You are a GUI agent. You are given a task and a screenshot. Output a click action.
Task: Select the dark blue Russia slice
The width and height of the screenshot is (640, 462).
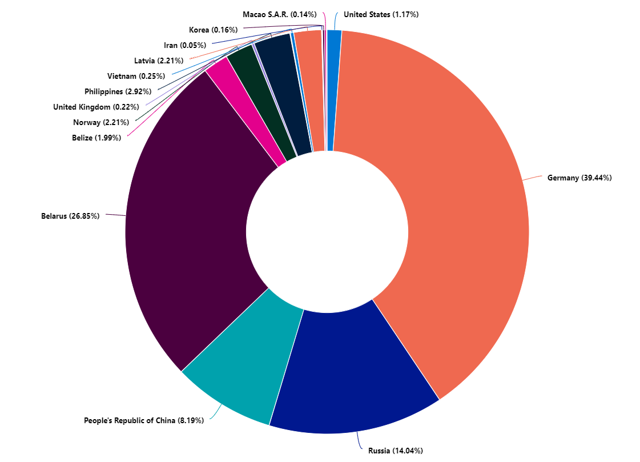coord(343,371)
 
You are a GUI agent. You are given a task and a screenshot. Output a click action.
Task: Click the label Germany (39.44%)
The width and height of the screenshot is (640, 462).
coord(579,178)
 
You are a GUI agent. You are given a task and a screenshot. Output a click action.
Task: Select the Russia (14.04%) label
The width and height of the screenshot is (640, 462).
coord(395,451)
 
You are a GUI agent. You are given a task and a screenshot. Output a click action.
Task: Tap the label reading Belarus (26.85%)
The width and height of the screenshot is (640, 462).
coord(70,216)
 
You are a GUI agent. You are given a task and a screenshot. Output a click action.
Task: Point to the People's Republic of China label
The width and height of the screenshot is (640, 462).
coord(143,421)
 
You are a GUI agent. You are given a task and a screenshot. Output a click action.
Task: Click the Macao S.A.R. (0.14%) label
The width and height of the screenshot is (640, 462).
coord(279,14)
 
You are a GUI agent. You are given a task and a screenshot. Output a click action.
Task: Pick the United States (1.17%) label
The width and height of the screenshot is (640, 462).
coord(381,14)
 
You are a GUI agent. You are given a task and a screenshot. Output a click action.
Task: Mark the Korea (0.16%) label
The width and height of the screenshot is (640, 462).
coord(213,30)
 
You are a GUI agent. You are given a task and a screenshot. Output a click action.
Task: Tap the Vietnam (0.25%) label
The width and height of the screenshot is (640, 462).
coord(136,76)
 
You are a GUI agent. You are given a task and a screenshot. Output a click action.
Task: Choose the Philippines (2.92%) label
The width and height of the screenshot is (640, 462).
coord(118,91)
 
